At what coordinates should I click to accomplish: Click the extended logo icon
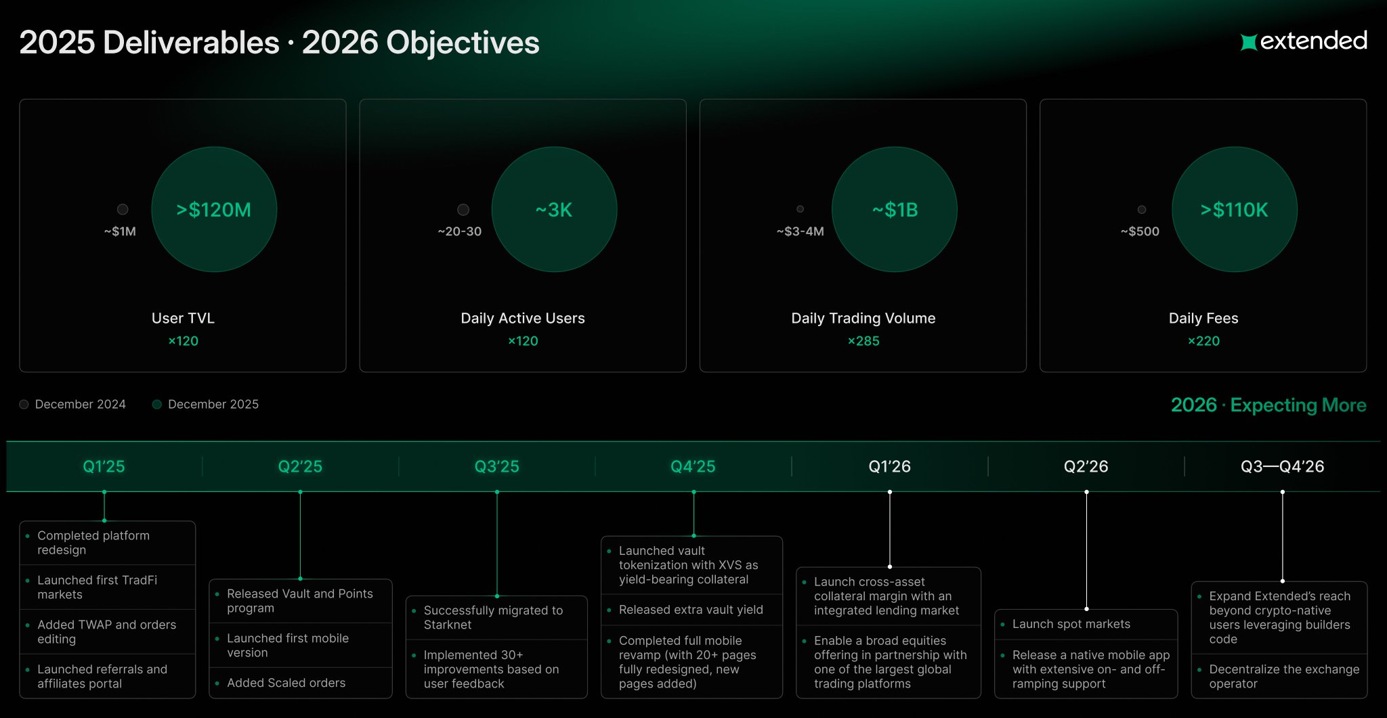[1248, 42]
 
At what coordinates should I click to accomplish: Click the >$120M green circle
[214, 210]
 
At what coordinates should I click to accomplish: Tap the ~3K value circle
[554, 210]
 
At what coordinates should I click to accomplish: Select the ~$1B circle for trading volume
[895, 210]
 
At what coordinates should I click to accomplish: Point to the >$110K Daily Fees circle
[1235, 210]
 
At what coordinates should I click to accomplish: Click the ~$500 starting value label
[1140, 231]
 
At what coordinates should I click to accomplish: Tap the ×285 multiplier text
[863, 341]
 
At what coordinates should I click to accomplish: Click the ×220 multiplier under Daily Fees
[1203, 341]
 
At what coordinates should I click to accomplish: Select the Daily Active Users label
[523, 318]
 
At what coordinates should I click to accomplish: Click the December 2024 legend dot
[24, 404]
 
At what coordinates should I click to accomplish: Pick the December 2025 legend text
[213, 404]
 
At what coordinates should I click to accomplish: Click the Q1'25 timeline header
[104, 466]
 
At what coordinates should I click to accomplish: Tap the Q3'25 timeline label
[496, 466]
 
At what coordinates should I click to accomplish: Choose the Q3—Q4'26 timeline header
[1282, 466]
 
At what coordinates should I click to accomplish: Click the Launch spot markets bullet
[1071, 624]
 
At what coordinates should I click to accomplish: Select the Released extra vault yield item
[691, 610]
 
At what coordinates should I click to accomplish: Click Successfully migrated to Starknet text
[493, 617]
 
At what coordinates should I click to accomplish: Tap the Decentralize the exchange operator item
[1284, 676]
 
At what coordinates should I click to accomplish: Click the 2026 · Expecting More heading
[1268, 405]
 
